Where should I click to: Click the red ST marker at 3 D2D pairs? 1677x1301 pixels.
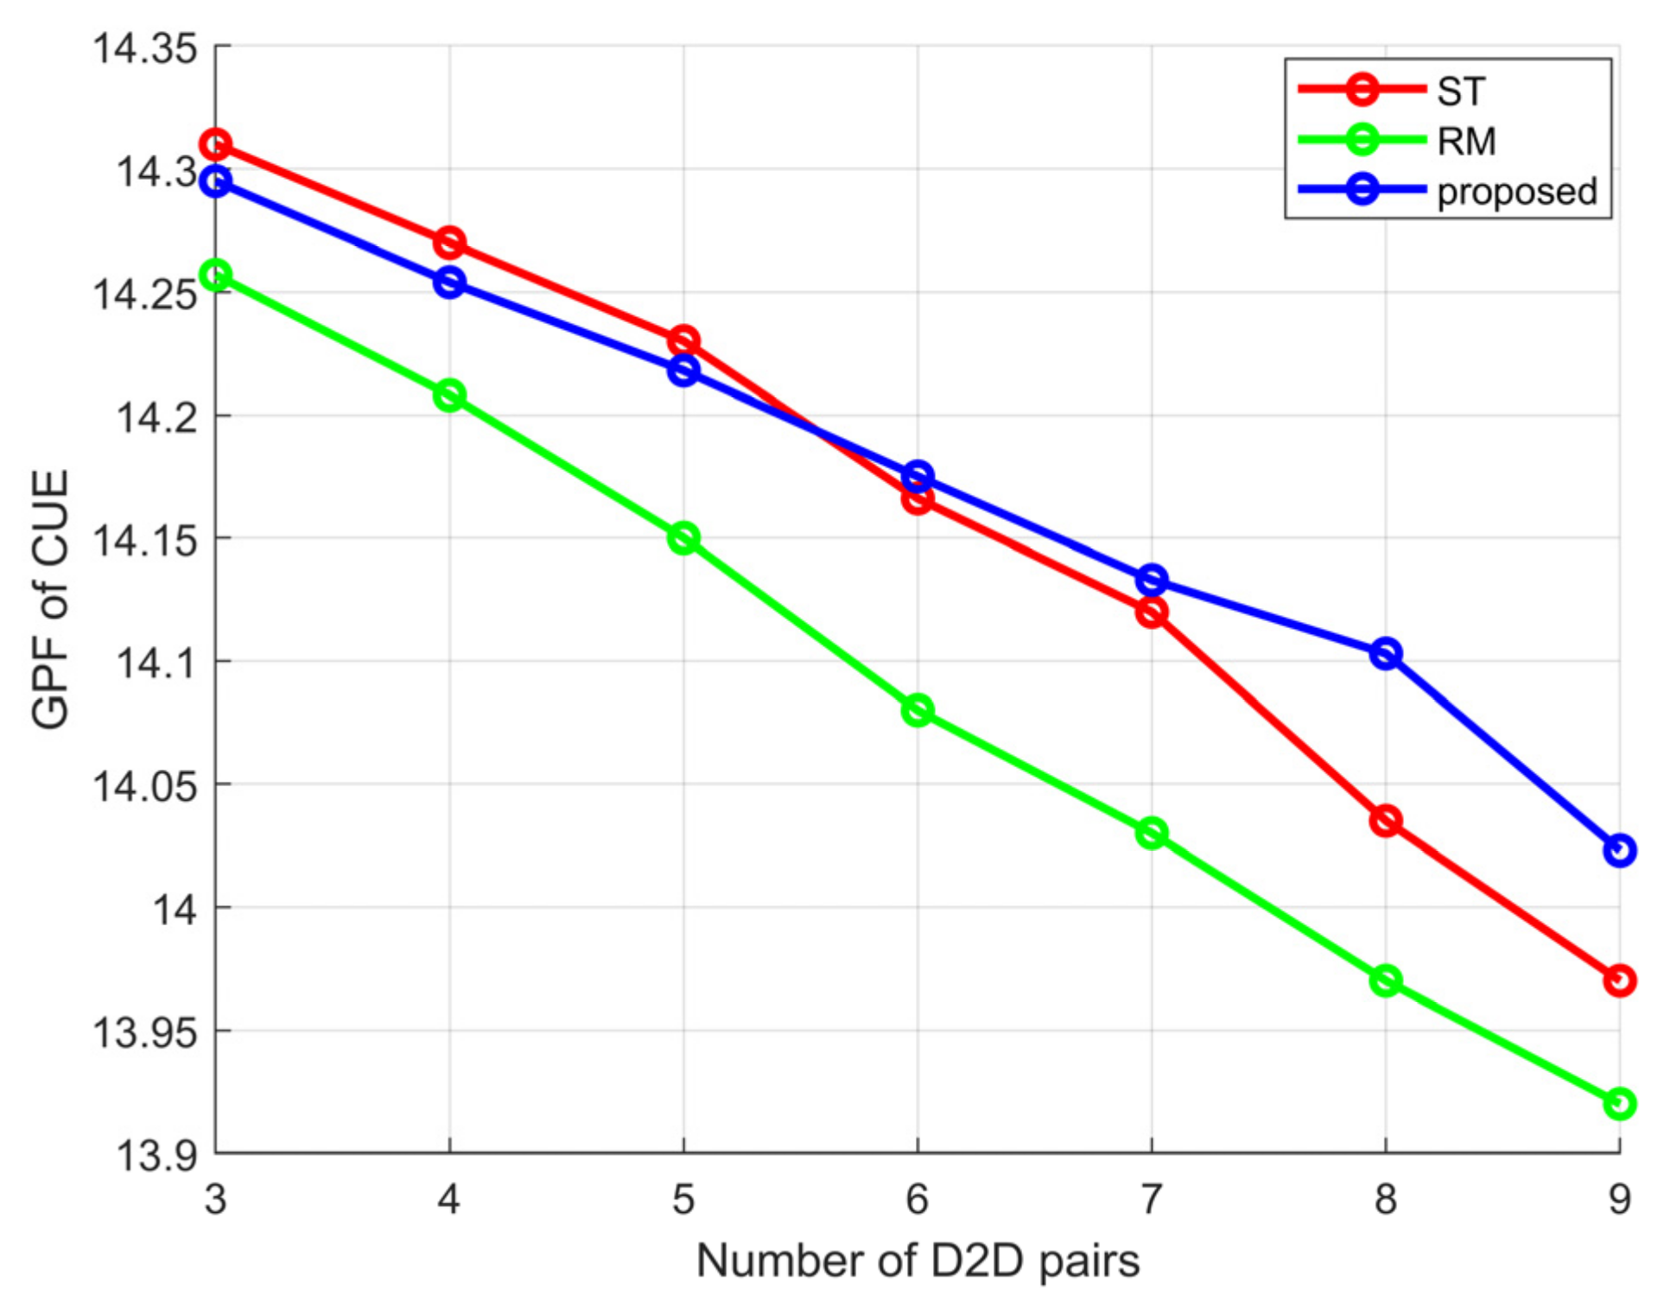215,143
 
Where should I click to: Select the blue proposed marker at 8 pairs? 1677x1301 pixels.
1385,653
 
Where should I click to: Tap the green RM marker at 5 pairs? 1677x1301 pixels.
683,538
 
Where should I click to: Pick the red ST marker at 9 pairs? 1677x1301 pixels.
1619,981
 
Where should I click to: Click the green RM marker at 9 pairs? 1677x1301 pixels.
1619,1103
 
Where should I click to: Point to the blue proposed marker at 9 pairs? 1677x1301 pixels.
1619,850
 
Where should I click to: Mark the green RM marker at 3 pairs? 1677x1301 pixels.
215,276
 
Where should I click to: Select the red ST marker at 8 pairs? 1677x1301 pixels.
1385,821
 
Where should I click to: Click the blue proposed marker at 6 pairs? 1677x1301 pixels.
918,476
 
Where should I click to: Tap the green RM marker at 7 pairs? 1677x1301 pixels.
1151,834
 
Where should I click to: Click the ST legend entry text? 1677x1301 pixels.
1461,92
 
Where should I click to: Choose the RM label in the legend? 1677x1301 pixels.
1466,141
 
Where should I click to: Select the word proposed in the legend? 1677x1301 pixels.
1516,191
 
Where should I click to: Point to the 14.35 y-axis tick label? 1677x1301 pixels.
145,48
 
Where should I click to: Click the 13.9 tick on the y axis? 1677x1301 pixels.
156,1155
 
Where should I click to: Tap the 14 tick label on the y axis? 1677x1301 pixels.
175,909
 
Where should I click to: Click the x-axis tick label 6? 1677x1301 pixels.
917,1199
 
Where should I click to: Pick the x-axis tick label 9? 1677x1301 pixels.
1619,1199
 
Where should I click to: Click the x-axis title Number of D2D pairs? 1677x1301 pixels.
918,1260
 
